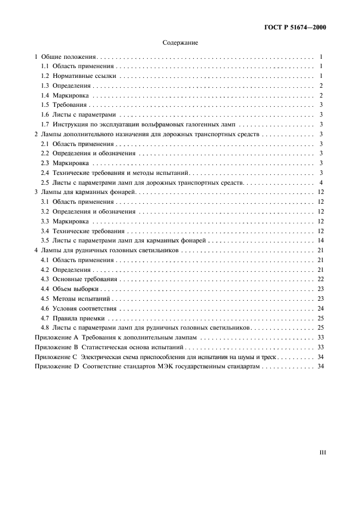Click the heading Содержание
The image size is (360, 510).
[x=180, y=42]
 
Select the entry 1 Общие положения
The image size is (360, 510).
[x=65, y=56]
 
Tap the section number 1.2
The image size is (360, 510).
[x=46, y=76]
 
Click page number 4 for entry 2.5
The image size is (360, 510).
[x=321, y=182]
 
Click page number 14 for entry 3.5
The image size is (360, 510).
[x=321, y=240]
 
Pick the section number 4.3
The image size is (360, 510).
[x=46, y=279]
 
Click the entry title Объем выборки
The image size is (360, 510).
[x=76, y=289]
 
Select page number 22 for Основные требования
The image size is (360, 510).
[x=321, y=279]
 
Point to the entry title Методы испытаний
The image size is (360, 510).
[x=82, y=299]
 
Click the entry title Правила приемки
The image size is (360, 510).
[x=80, y=318]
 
